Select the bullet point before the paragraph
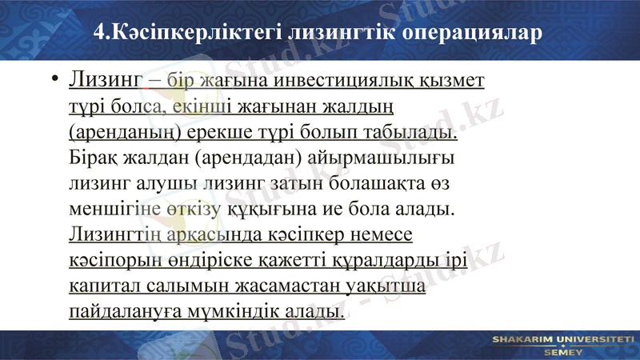coord(53,81)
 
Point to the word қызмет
coord(454,81)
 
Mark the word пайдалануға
coord(122,311)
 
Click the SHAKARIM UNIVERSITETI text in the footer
coord(562,340)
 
